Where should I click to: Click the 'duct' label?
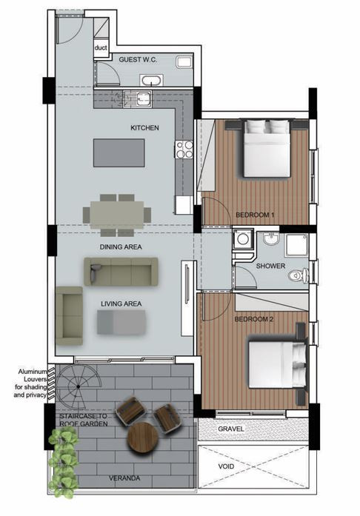[101, 47]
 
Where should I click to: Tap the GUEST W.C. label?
[138, 59]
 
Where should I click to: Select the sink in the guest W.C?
[152, 80]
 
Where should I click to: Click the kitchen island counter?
[119, 153]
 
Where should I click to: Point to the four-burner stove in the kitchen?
[184, 150]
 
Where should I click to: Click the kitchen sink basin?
[144, 98]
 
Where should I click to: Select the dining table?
[117, 215]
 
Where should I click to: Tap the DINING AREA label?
[121, 247]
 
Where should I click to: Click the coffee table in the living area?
[121, 323]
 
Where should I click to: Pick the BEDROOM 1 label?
[255, 215]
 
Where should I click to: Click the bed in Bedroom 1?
[267, 148]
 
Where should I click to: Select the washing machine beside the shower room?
[243, 239]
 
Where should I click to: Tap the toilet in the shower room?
[299, 275]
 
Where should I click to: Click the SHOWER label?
[270, 266]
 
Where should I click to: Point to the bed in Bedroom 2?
[278, 365]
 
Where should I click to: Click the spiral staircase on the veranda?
[79, 386]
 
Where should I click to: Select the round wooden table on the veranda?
[143, 438]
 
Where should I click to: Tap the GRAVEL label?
[231, 429]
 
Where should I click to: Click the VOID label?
[226, 466]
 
